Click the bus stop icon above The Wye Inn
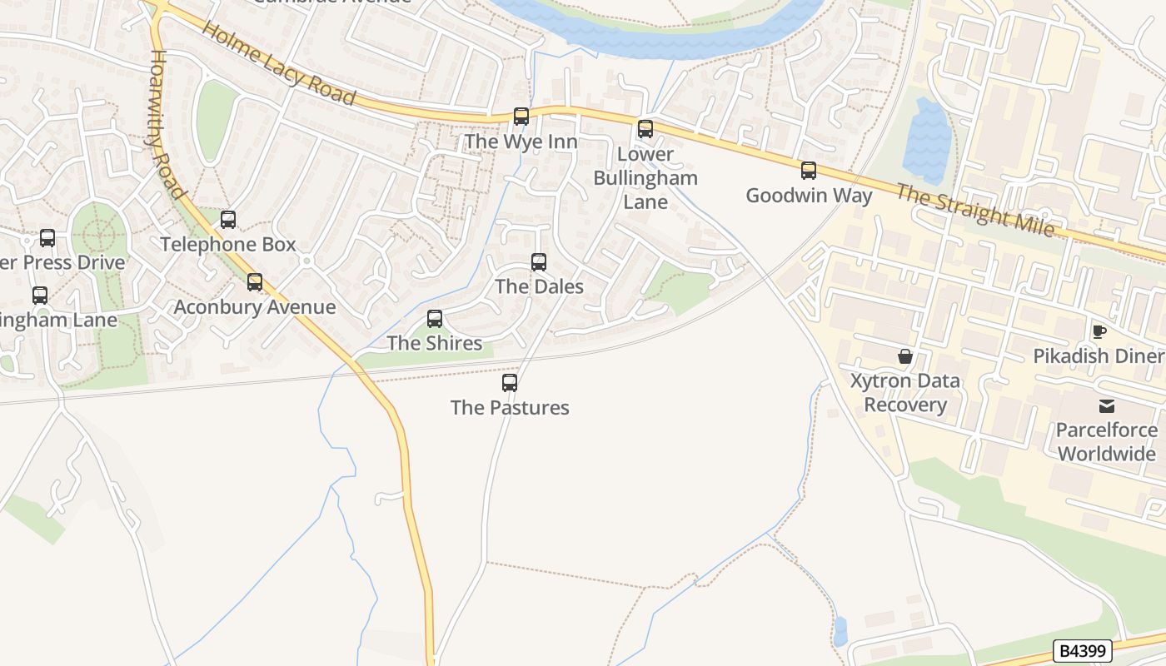click(x=521, y=117)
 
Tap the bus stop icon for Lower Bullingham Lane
click(x=645, y=129)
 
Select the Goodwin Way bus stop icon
click(x=809, y=171)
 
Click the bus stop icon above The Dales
click(x=539, y=262)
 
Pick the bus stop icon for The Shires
click(x=435, y=318)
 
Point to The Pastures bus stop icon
click(x=510, y=383)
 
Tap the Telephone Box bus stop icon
click(x=228, y=220)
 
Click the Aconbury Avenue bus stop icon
click(x=255, y=282)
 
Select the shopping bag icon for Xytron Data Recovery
click(x=905, y=356)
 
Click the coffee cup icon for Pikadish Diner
click(x=1099, y=331)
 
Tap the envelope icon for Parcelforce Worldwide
click(x=1107, y=405)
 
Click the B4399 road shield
click(x=1083, y=650)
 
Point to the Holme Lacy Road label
click(x=279, y=63)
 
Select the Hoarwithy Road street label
click(x=167, y=125)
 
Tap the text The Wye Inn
click(x=521, y=142)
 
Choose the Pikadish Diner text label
click(x=1097, y=356)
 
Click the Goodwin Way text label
click(x=809, y=196)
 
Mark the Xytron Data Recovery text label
click(x=905, y=393)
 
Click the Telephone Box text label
click(x=228, y=244)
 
